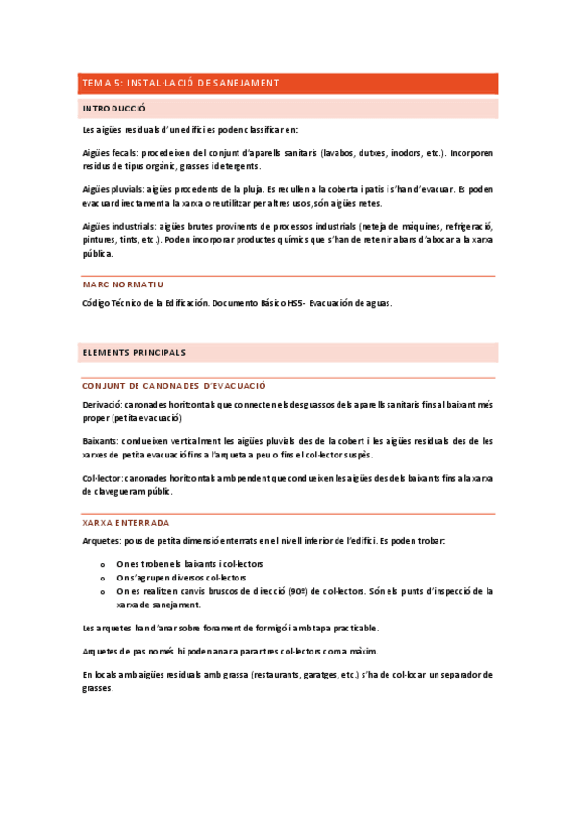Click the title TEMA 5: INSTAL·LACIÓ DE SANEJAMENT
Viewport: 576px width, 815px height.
pyautogui.click(x=181, y=84)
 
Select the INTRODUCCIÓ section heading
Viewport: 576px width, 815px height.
pyautogui.click(x=114, y=109)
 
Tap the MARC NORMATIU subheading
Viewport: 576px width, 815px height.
pyautogui.click(x=123, y=285)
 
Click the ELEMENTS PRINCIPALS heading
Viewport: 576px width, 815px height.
pyautogui.click(x=134, y=353)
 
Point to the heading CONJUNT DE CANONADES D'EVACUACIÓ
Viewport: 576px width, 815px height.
pyautogui.click(x=174, y=385)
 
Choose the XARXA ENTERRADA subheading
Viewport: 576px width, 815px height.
pyautogui.click(x=126, y=523)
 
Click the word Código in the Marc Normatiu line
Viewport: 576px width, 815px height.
pyautogui.click(x=98, y=304)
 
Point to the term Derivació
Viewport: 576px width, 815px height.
pyautogui.click(x=103, y=405)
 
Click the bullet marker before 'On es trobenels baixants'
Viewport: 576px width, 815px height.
pyautogui.click(x=103, y=564)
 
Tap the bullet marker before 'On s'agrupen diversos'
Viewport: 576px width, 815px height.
pyautogui.click(x=103, y=578)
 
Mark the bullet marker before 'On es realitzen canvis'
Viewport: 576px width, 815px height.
pyautogui.click(x=103, y=592)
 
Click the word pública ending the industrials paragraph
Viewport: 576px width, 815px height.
pyautogui.click(x=98, y=255)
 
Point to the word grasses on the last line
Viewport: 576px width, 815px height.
pyautogui.click(x=99, y=689)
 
